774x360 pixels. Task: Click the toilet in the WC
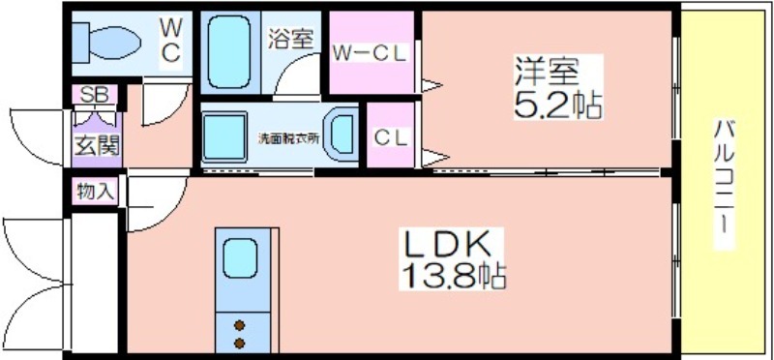(105, 42)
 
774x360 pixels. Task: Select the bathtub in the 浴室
(228, 52)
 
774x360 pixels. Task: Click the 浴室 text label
(291, 39)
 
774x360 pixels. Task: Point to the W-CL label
(370, 53)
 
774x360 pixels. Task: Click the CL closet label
(391, 137)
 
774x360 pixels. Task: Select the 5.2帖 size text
(558, 105)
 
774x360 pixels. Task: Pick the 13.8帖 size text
(452, 276)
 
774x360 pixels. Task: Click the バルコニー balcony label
(724, 183)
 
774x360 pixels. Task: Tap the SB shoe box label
(94, 94)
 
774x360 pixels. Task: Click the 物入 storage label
(96, 191)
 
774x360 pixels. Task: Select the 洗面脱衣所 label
(289, 138)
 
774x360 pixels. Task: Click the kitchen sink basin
(240, 257)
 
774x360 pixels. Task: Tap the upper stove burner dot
(239, 325)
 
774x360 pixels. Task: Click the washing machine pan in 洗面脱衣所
(224, 136)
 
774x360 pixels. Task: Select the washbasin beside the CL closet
(342, 134)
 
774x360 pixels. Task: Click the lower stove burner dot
(239, 343)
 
